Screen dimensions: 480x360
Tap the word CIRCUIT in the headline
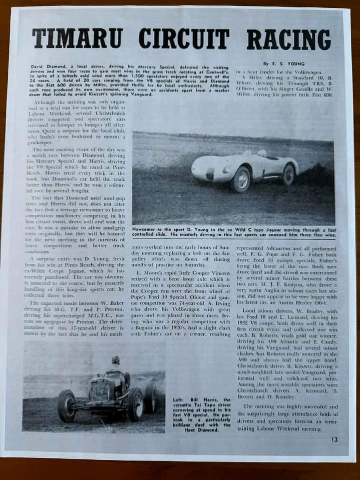point(184,39)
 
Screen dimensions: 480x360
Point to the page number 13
point(335,439)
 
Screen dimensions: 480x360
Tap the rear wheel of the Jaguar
point(288,174)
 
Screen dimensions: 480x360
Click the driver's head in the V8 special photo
point(115,360)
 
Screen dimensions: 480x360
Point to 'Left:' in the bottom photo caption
point(178,400)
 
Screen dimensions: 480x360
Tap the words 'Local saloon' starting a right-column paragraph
point(256,311)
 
